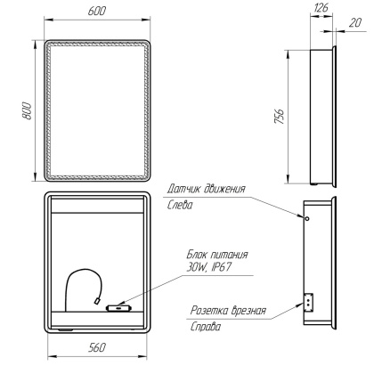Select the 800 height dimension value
click(28, 110)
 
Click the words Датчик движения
click(206, 188)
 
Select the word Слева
click(181, 203)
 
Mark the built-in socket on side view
click(310, 303)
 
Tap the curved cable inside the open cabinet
click(78, 283)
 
